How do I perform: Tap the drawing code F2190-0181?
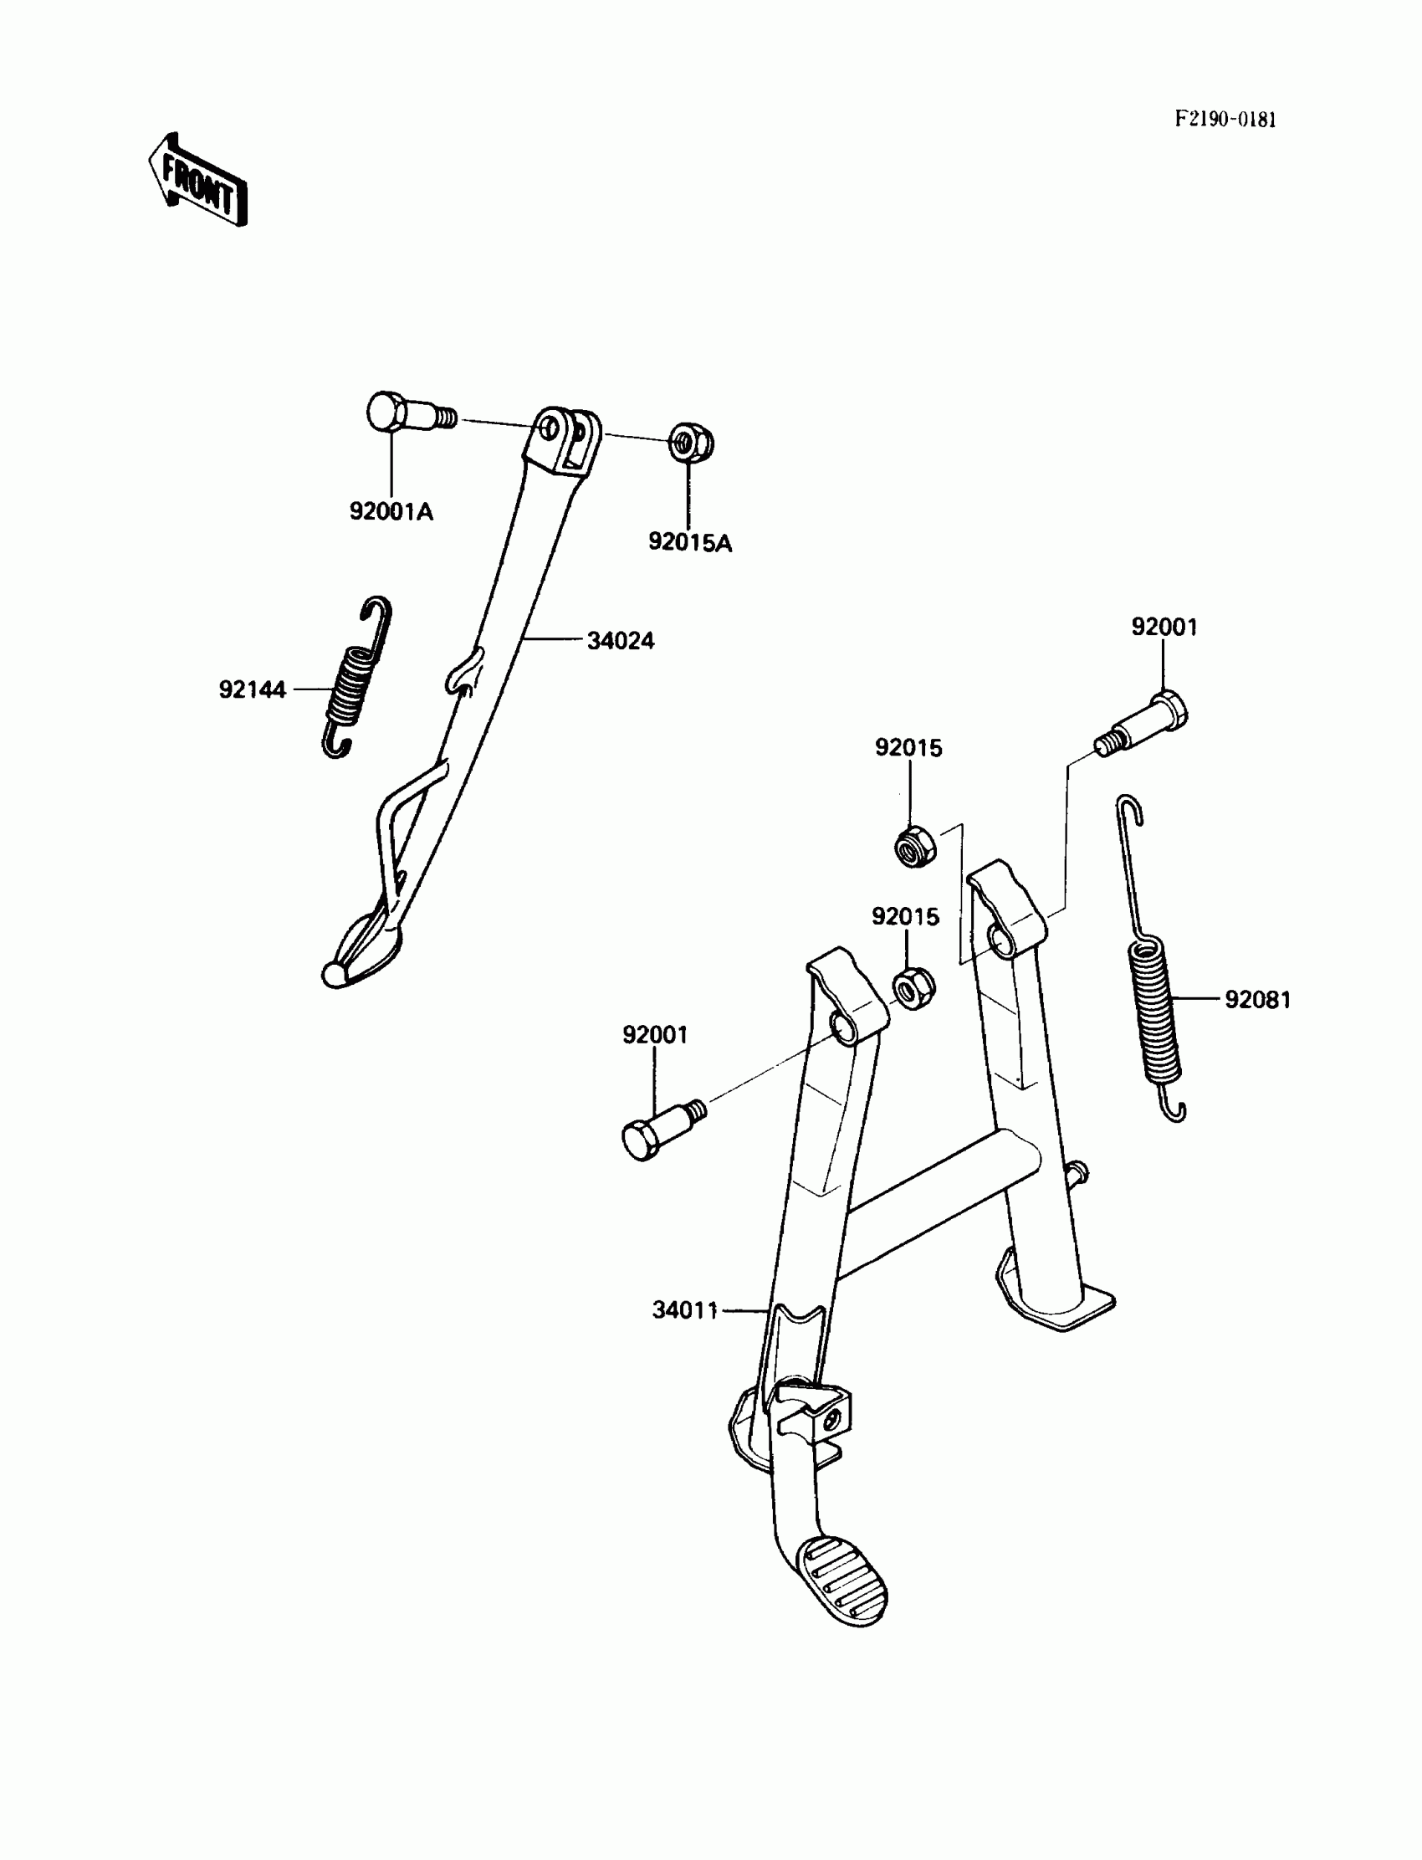(1225, 120)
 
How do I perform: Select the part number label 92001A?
(391, 512)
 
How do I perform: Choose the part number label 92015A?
(690, 543)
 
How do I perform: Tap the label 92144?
(253, 690)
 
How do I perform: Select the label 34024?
(621, 641)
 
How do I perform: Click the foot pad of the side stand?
(362, 951)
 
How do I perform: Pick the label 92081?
(1258, 1000)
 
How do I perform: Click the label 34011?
(685, 1310)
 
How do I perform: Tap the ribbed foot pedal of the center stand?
(843, 1580)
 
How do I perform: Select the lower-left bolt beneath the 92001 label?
(659, 1130)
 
